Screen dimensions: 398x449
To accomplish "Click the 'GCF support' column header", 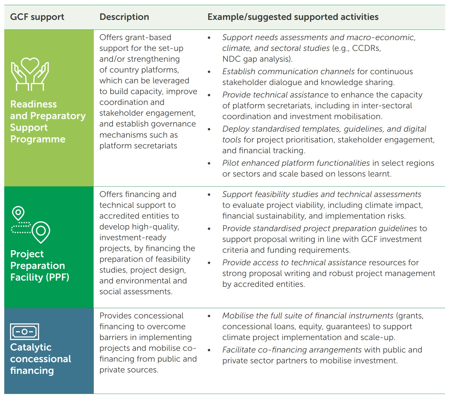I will pos(37,17).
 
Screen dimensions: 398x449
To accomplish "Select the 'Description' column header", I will pos(124,17).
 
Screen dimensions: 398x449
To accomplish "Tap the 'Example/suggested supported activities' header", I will pos(293,17).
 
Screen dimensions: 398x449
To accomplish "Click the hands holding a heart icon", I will pos(30,74).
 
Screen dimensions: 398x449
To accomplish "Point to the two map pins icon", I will pos(31,225).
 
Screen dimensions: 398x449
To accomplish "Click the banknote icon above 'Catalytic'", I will pos(24,331).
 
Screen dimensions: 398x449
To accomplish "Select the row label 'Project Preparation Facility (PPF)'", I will pos(40,266).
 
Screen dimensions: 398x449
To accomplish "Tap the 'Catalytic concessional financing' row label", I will pos(40,359).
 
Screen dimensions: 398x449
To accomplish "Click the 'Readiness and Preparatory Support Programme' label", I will pos(48,122).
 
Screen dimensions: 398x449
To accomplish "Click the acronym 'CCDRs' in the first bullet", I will pos(366,48).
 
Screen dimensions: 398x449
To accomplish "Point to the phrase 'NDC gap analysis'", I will pos(257,59).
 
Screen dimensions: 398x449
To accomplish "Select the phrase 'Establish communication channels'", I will pos(288,71).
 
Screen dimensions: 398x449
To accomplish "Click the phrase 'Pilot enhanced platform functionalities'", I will pos(296,163).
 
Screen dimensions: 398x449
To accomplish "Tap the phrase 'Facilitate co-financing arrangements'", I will pos(292,350).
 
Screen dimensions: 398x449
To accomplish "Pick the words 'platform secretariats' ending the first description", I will pos(138,146).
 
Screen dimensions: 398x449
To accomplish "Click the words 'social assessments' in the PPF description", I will pos(135,292).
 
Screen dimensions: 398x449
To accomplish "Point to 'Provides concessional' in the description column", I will pos(141,316).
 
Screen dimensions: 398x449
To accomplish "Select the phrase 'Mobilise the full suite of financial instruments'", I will pos(308,316).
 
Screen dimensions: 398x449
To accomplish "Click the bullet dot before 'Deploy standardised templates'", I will pos(209,129).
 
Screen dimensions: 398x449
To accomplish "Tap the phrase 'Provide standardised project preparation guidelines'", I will pos(320,229).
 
